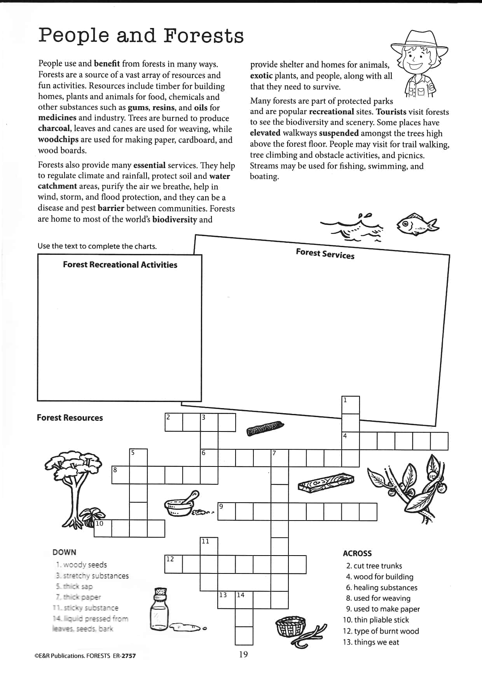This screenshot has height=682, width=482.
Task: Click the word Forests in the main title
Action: [x=203, y=35]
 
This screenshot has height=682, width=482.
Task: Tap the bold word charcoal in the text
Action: [x=54, y=129]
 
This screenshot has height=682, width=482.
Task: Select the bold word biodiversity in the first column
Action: [x=175, y=219]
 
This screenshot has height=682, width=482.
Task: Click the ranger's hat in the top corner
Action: [x=419, y=42]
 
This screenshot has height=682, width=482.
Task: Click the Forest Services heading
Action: [x=325, y=254]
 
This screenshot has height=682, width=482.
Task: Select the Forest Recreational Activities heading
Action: [x=120, y=265]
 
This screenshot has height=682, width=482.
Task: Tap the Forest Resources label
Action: [x=70, y=418]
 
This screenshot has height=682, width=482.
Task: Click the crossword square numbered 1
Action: [x=351, y=405]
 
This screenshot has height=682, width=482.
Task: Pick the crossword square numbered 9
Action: [x=227, y=512]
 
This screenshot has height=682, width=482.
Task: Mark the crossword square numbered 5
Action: [x=138, y=458]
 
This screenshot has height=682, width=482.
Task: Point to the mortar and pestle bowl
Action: [x=180, y=506]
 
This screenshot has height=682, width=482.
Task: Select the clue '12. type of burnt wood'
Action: [x=381, y=631]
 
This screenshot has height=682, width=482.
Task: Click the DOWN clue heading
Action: [x=64, y=552]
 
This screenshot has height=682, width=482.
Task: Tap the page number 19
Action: [x=243, y=654]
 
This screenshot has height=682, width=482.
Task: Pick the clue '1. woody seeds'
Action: [x=81, y=565]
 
